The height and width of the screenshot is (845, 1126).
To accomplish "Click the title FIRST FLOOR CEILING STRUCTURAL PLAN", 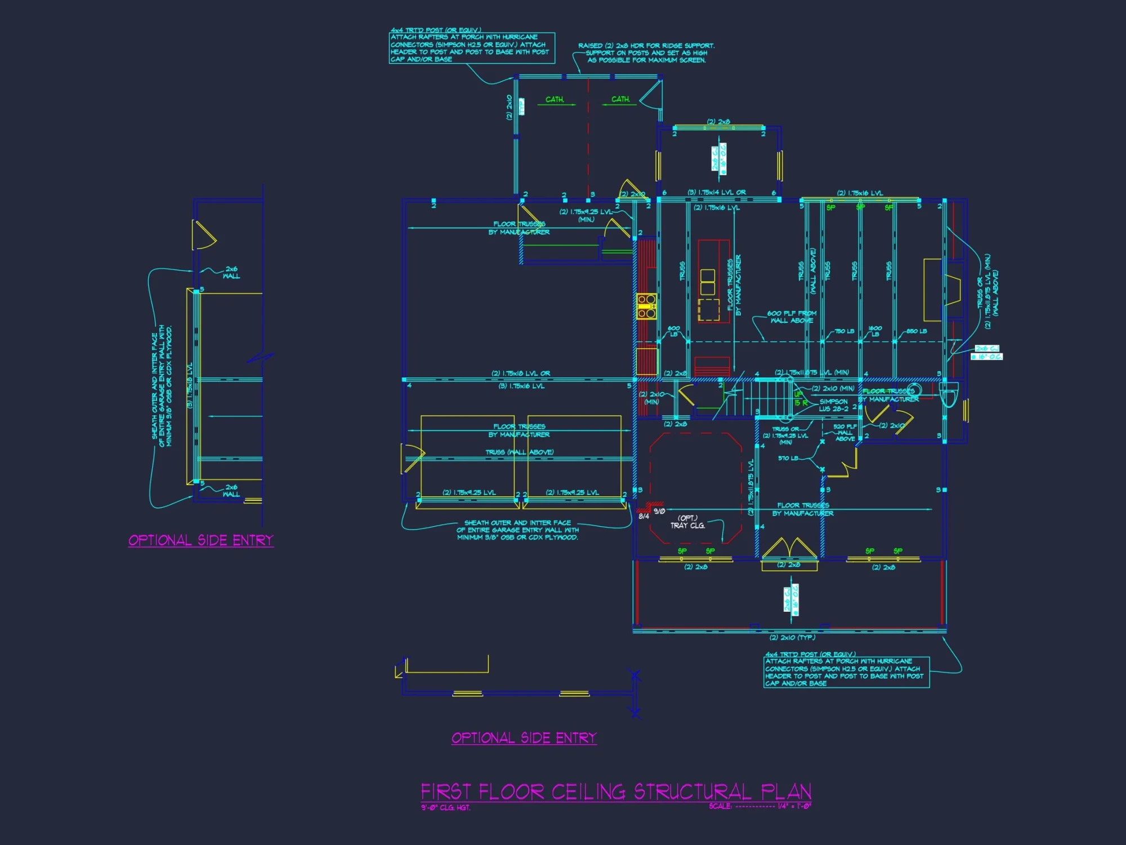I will [x=616, y=791].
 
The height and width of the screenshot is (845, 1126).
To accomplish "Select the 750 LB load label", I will [x=844, y=331].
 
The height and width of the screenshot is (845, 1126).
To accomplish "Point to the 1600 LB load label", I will [x=875, y=331].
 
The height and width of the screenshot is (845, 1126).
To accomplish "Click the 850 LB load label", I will [x=916, y=331].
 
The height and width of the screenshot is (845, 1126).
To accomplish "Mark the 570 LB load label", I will [x=788, y=458].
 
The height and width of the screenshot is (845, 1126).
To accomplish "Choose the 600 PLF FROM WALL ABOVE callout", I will [x=792, y=317].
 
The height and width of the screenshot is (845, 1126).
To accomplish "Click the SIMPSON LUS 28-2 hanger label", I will [x=833, y=405].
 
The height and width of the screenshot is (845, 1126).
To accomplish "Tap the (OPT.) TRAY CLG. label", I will [x=687, y=522].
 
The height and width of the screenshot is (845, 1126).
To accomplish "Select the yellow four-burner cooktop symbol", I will [x=646, y=306].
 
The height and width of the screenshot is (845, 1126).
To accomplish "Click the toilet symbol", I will [x=949, y=394].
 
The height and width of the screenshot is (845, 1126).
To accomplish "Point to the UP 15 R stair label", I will [x=800, y=399].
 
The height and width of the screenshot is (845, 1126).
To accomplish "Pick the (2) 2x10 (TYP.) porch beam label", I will [x=792, y=638].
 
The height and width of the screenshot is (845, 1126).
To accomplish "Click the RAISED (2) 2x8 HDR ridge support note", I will [x=646, y=53].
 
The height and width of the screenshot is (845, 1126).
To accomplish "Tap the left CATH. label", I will [x=555, y=100].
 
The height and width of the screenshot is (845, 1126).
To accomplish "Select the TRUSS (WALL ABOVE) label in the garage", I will [x=519, y=452].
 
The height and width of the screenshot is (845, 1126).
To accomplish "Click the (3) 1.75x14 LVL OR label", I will [x=716, y=193].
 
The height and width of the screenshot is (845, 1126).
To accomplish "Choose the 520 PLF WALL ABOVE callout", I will [x=844, y=433].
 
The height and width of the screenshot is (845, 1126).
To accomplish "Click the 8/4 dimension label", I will [x=644, y=516].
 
